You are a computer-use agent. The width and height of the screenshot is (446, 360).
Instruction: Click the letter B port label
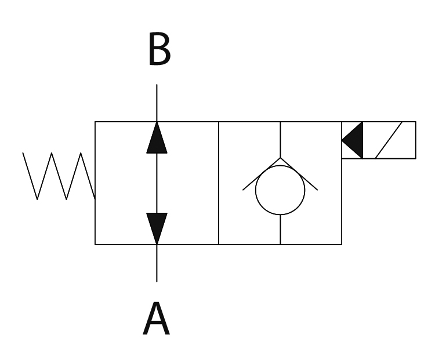pyautogui.click(x=159, y=50)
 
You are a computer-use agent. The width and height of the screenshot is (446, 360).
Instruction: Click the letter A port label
pyautogui.click(x=156, y=319)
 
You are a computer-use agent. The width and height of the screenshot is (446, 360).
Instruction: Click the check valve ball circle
pyautogui.click(x=280, y=190)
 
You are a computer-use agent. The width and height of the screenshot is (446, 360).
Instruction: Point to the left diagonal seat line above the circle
pyautogui.click(x=261, y=174)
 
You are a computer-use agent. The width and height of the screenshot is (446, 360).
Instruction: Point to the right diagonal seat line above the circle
pyautogui.click(x=299, y=174)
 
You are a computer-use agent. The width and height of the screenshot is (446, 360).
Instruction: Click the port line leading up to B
pyautogui.click(x=157, y=103)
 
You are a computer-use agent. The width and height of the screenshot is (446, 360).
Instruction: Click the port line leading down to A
pyautogui.click(x=157, y=263)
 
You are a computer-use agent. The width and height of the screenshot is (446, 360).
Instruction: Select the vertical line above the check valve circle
pyautogui.click(x=281, y=139)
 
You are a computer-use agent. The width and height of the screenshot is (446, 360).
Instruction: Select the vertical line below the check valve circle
pyautogui.click(x=281, y=230)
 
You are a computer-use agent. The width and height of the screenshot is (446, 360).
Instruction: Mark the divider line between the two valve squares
pyautogui.click(x=219, y=183)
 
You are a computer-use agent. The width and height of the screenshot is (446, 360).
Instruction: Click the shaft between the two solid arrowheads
pyautogui.click(x=157, y=183)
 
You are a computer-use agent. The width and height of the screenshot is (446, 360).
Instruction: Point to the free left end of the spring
pyautogui.click(x=23, y=153)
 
